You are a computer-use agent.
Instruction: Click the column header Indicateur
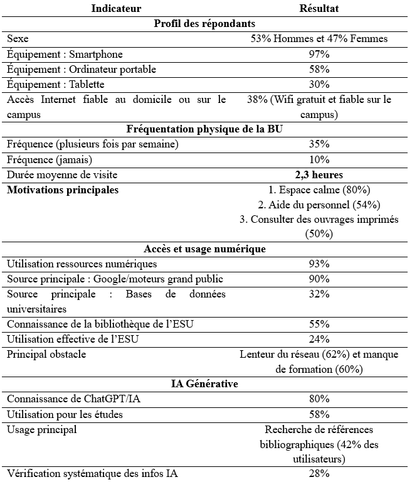pos(116,8)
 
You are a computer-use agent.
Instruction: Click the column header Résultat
pos(319,8)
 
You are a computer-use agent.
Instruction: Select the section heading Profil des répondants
pos(204,23)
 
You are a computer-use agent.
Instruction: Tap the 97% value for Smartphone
pos(319,54)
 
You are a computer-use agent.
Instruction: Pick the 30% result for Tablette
pos(319,84)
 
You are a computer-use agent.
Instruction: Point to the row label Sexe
pos(18,39)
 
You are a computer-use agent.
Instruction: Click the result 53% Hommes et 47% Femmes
pos(319,39)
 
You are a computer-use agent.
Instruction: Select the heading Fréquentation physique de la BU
pos(204,129)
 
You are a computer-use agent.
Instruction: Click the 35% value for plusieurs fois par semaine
pos(319,144)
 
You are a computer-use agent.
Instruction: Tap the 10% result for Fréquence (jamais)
pos(319,159)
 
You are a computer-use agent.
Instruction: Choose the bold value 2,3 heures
pos(319,174)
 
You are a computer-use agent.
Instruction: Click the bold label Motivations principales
pos(63,190)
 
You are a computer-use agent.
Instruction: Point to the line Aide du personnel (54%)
pos(319,205)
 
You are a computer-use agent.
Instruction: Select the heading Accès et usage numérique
pos(204,249)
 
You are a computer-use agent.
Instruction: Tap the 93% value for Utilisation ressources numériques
pos(319,264)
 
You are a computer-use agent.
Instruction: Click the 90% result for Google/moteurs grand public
pos(319,279)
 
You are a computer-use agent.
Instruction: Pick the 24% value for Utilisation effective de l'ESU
pos(319,339)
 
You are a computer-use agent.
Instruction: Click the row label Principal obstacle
pos(46,354)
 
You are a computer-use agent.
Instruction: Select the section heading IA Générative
pos(204,383)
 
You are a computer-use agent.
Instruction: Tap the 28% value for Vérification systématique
pos(319,473)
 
